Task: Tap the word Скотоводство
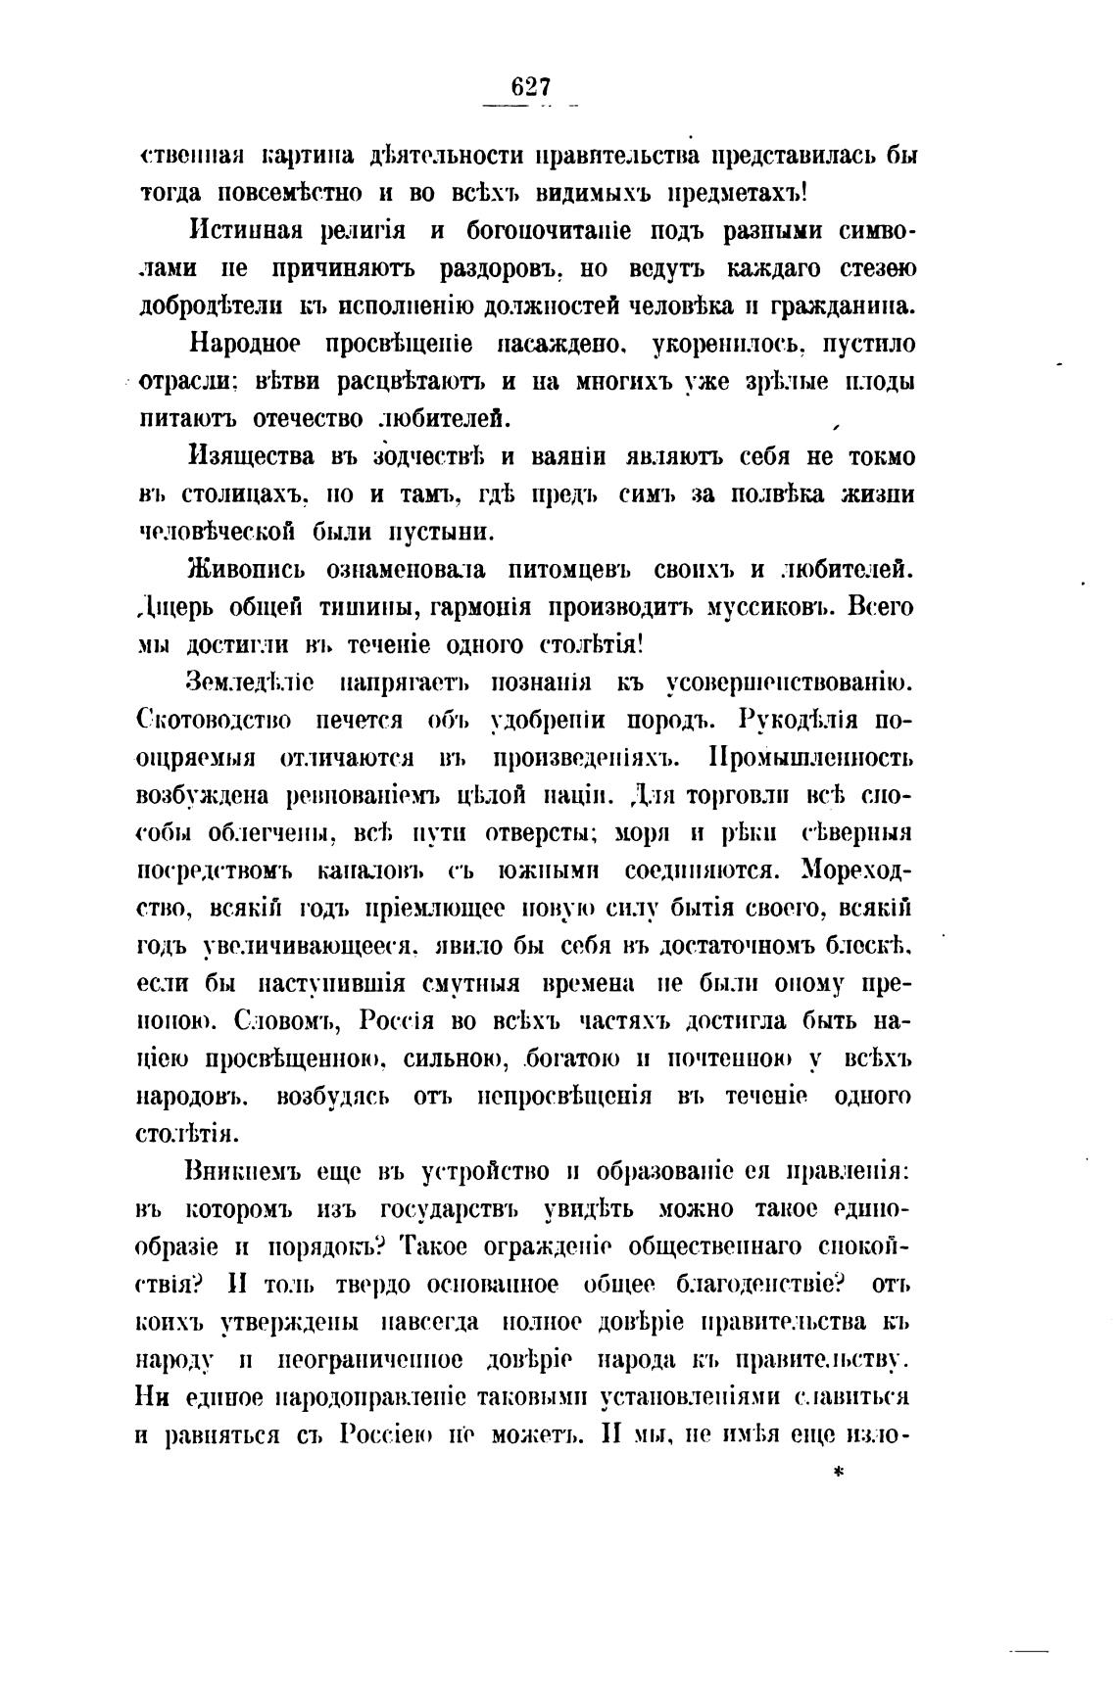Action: pyautogui.click(x=214, y=721)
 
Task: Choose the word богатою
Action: pyautogui.click(x=576, y=1058)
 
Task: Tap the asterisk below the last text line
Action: pyautogui.click(x=838, y=1471)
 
